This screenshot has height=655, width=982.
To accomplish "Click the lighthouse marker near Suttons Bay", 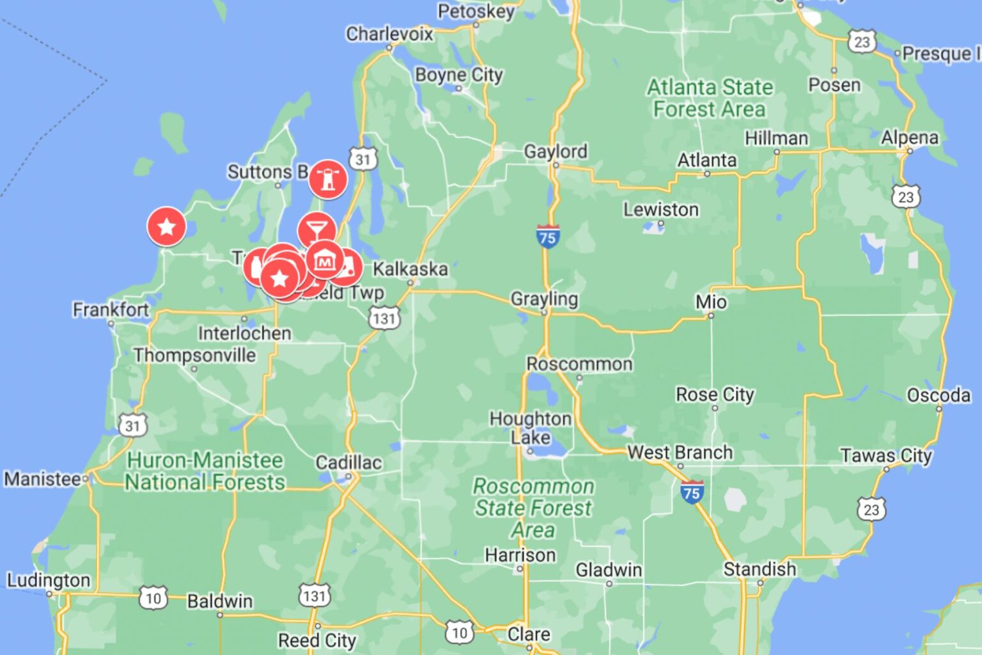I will pyautogui.click(x=328, y=178).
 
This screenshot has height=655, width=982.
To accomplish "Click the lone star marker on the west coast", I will pyautogui.click(x=167, y=226).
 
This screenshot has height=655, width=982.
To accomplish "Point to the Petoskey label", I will pyautogui.click(x=476, y=12).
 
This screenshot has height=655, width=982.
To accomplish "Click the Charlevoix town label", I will pyautogui.click(x=389, y=33).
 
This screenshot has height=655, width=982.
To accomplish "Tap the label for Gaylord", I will pyautogui.click(x=555, y=152).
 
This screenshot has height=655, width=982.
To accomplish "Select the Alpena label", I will pyautogui.click(x=909, y=138).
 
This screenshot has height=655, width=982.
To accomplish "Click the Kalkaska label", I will pyautogui.click(x=410, y=269).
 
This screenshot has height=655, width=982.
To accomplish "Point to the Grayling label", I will pyautogui.click(x=543, y=299).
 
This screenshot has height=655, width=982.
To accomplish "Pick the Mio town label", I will pyautogui.click(x=711, y=302).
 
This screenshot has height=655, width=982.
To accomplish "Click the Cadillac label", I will pyautogui.click(x=348, y=462).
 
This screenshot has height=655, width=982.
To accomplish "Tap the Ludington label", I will pyautogui.click(x=49, y=580).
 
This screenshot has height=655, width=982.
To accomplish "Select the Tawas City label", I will pyautogui.click(x=885, y=455).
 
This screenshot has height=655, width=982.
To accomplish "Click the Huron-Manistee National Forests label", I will pyautogui.click(x=205, y=471).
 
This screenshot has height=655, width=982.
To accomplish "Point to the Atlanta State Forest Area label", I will pyautogui.click(x=710, y=98).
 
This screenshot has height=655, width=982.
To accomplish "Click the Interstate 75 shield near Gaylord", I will pyautogui.click(x=547, y=237).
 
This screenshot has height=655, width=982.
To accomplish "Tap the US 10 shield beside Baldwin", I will pyautogui.click(x=153, y=598).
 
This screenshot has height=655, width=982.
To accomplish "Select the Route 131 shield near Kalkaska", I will pyautogui.click(x=384, y=317).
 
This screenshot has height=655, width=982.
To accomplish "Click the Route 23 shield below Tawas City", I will pyautogui.click(x=871, y=509).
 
